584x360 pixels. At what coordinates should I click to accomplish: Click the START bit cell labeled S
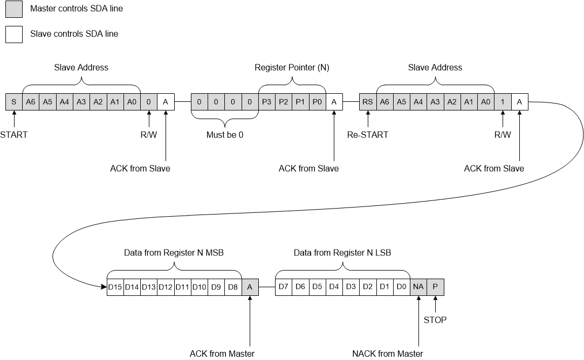[x=13, y=101]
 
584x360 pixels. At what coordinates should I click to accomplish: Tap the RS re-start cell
[x=368, y=101]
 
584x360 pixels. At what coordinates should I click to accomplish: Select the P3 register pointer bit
[x=266, y=101]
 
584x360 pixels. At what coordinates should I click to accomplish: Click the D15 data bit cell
[x=115, y=287]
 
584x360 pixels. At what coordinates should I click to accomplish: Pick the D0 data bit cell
[x=401, y=287]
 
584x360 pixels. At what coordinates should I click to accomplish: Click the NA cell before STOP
[x=418, y=287]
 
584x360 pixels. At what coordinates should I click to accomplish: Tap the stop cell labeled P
[x=435, y=287]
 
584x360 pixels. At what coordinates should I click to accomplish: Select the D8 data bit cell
[x=233, y=287]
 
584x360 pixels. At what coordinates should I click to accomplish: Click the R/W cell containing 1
[x=503, y=101]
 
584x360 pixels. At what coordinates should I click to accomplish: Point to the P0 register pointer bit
[x=317, y=101]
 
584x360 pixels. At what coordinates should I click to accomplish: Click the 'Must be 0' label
[x=225, y=135]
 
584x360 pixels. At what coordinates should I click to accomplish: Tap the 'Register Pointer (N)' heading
[x=292, y=68]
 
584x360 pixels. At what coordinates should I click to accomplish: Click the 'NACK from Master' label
[x=387, y=354]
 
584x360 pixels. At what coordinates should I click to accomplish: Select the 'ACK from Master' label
[x=222, y=354]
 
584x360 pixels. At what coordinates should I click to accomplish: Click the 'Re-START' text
[x=367, y=135]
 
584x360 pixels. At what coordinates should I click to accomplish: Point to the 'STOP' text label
[x=435, y=320]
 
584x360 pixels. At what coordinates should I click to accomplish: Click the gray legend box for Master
[x=13, y=9]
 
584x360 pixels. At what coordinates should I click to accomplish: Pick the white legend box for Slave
[x=13, y=34]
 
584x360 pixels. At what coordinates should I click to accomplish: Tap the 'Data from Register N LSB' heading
[x=342, y=252]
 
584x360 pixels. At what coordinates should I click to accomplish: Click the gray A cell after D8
[x=250, y=287]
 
